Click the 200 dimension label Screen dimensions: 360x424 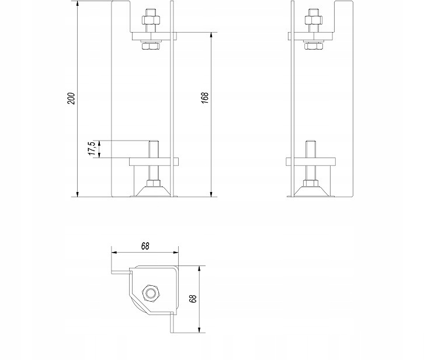pos(71,99)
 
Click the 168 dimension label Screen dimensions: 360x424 pos(205,99)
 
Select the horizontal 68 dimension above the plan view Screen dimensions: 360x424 pos(145,246)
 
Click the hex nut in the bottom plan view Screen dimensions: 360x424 pos(151,293)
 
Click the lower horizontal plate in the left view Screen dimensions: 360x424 pos(153,161)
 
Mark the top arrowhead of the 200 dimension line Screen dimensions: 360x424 pos(77,4)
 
